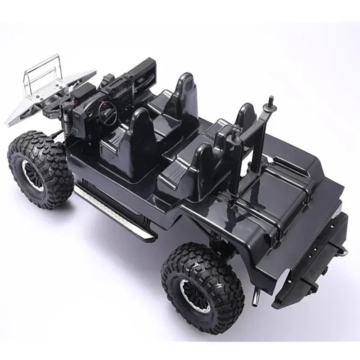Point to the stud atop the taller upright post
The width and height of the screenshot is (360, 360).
coord(270,100)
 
